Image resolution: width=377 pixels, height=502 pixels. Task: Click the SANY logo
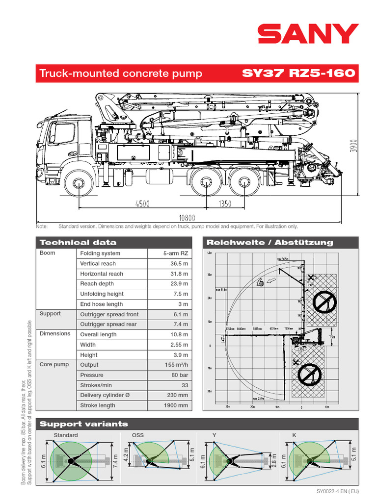308,34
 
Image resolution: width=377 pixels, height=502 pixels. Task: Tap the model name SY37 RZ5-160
298,74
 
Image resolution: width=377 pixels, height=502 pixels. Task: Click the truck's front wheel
78,184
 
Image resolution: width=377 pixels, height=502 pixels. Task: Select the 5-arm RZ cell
176,253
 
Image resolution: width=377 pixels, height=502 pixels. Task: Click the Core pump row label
54,365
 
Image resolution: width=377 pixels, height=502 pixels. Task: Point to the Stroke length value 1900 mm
176,405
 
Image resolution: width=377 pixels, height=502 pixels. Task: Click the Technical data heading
78,242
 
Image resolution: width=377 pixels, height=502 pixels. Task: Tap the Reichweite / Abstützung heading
269,242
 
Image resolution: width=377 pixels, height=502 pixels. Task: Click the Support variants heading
83,424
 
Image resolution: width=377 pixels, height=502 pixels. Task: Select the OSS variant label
138,435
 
